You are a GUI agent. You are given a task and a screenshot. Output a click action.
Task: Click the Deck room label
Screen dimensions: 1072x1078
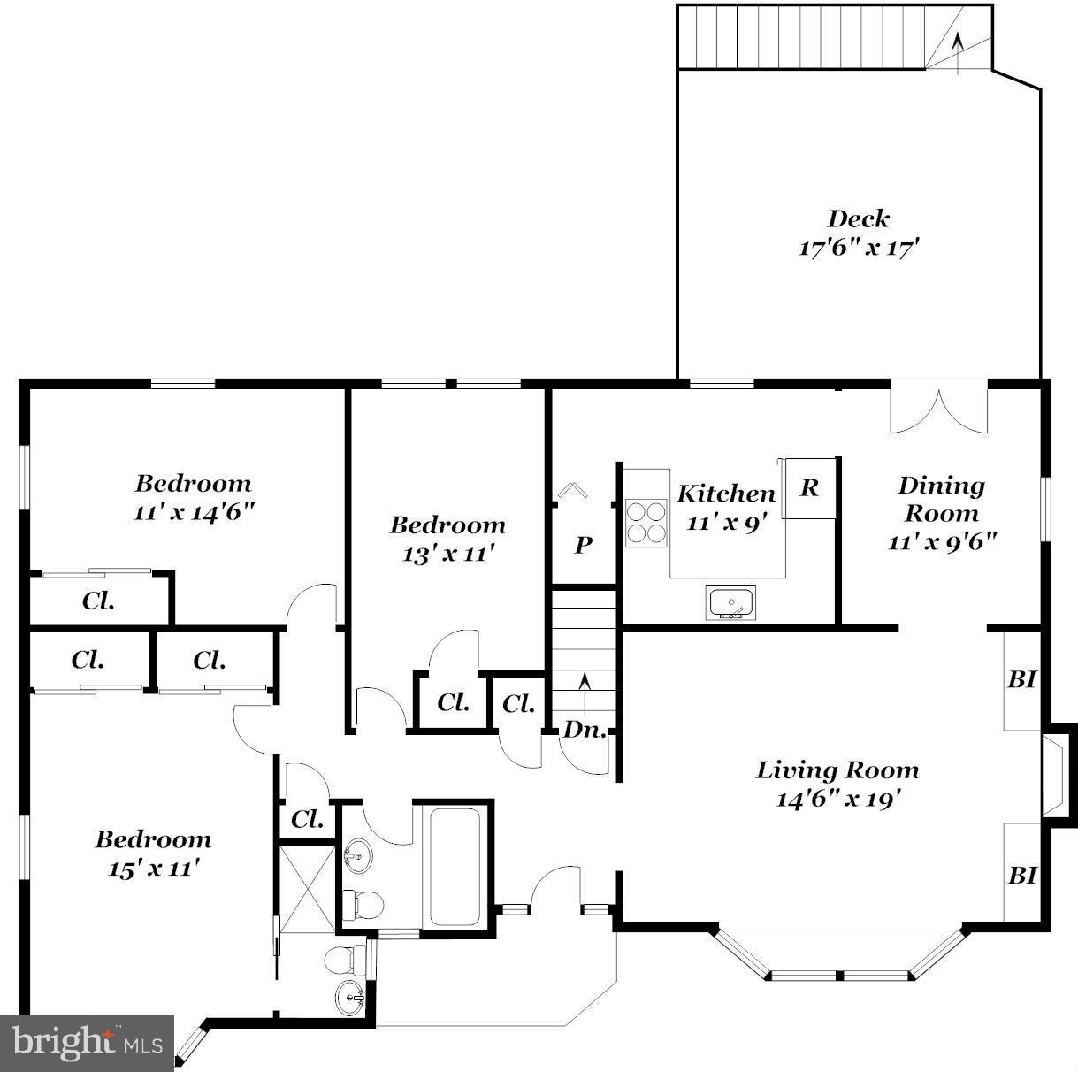(x=858, y=218)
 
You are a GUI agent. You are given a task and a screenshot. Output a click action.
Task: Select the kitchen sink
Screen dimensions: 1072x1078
(x=731, y=602)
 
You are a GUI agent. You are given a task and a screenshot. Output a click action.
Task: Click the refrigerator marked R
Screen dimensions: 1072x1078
(x=809, y=487)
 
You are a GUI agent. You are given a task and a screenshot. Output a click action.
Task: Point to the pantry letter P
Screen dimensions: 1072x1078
(x=583, y=545)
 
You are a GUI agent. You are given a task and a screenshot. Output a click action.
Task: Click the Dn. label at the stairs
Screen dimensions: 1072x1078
(x=584, y=730)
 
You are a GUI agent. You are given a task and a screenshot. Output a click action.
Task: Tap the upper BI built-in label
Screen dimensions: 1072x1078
(x=1021, y=679)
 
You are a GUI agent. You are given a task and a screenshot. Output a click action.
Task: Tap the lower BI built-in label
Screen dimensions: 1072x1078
(x=1021, y=875)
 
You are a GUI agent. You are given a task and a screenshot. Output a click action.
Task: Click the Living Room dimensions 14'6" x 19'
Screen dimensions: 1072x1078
(x=837, y=799)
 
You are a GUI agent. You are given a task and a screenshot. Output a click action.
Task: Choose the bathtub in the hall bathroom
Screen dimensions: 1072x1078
(x=455, y=864)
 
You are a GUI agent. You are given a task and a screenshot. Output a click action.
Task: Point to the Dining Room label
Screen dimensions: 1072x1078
(x=941, y=499)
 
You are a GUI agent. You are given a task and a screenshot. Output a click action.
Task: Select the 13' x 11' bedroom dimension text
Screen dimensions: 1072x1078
(x=447, y=554)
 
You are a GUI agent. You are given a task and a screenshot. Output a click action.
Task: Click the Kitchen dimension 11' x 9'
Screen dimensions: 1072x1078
(x=724, y=522)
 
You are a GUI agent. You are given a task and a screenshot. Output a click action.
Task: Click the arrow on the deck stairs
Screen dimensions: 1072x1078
(x=957, y=44)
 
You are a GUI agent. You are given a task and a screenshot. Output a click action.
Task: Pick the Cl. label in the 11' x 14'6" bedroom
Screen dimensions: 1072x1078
(x=98, y=601)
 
